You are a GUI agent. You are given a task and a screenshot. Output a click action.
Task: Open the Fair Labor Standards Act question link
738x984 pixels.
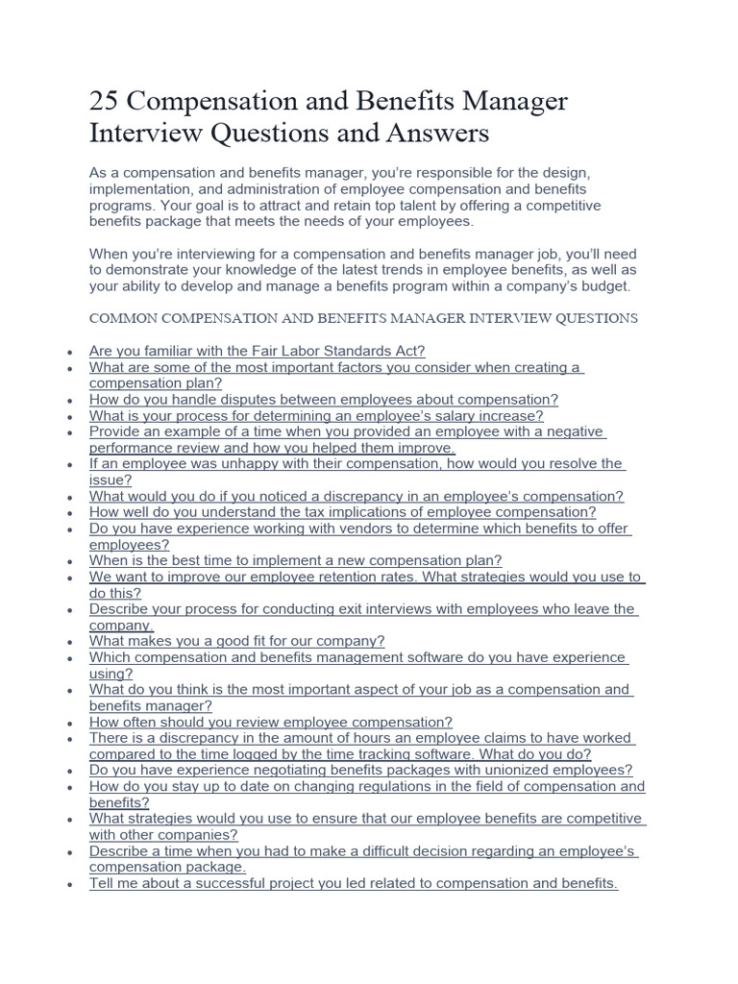coord(257,351)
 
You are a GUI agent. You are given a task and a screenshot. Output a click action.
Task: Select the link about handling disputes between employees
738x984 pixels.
coord(323,399)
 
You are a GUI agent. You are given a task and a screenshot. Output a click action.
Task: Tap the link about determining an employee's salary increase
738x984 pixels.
coord(316,416)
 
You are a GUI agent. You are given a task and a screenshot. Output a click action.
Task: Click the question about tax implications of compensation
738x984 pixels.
coord(342,512)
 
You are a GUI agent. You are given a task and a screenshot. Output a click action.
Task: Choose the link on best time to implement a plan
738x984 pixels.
coord(295,560)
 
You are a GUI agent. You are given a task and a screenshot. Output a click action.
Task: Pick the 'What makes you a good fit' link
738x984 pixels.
coord(236,641)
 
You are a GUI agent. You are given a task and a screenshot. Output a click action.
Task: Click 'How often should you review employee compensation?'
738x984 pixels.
coord(270,722)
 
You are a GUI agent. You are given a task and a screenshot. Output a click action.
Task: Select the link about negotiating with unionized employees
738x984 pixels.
coord(360,770)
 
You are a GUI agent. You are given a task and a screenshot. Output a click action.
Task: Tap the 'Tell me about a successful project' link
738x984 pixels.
coord(353,883)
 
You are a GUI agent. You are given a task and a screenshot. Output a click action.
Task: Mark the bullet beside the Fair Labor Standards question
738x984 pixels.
coord(70,353)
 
